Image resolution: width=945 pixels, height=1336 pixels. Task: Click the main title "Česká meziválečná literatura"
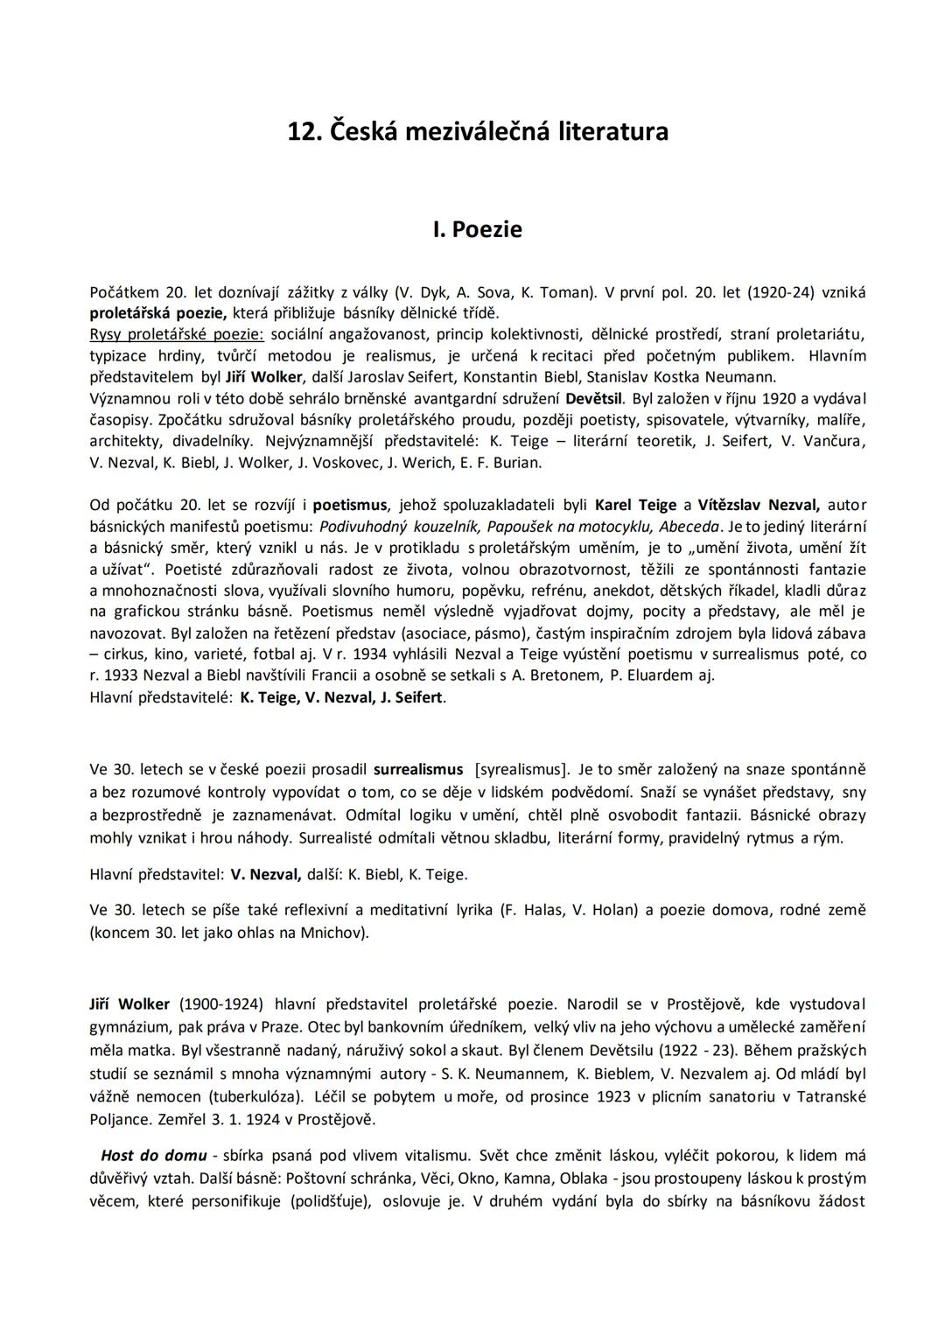click(x=478, y=131)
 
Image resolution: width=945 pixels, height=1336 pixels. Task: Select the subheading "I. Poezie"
click(x=478, y=229)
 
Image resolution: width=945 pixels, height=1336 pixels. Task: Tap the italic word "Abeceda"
click(x=689, y=526)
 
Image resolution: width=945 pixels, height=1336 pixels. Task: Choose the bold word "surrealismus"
click(x=418, y=770)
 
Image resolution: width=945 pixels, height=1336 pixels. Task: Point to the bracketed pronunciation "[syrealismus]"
click(x=521, y=770)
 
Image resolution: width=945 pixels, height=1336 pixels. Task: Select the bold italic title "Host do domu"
click(x=154, y=1155)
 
